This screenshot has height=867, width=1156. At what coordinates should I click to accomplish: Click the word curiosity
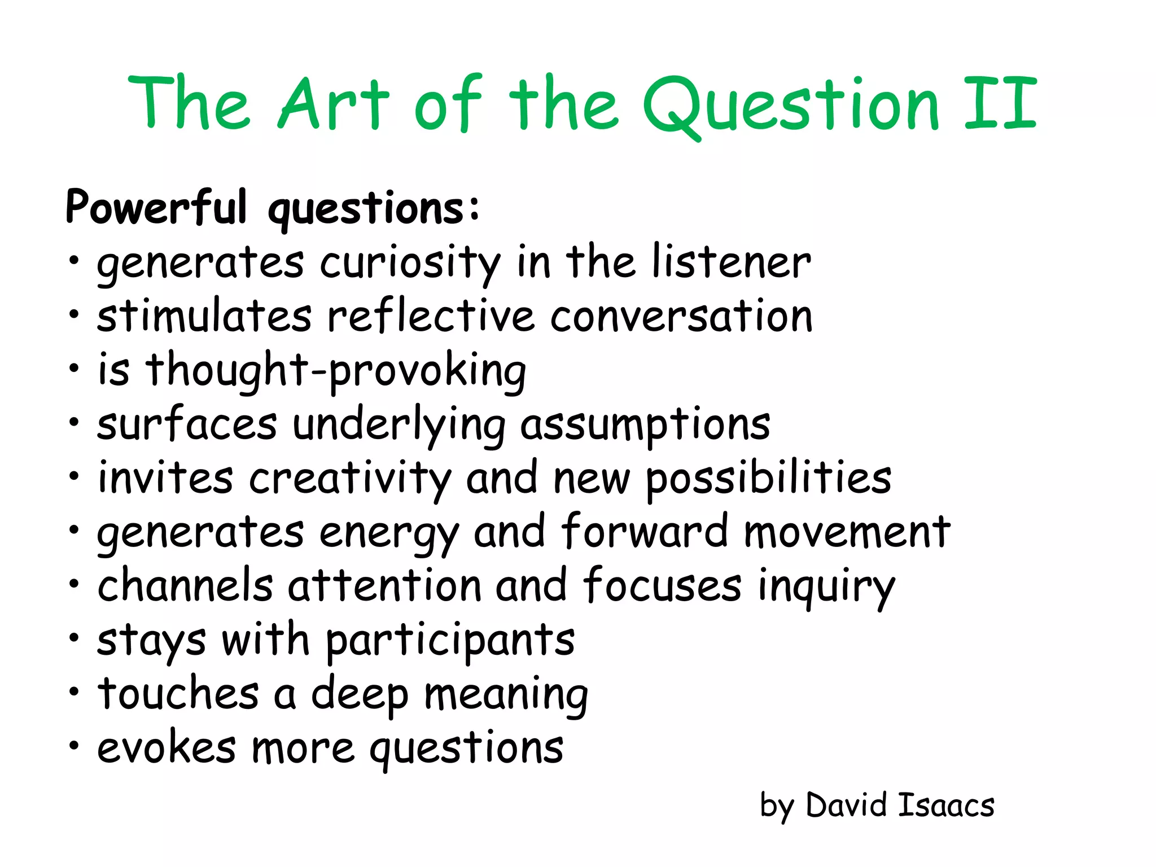(x=410, y=263)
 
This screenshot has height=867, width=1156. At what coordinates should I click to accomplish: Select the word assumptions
(x=645, y=424)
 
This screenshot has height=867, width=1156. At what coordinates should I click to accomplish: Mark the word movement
(x=847, y=532)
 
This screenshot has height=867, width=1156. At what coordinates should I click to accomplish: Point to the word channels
(x=185, y=585)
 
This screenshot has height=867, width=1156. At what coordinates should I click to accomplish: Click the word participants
(x=450, y=641)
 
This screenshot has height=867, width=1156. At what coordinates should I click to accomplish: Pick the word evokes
(x=167, y=747)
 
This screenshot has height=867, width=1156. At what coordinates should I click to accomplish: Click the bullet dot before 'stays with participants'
(x=74, y=637)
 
